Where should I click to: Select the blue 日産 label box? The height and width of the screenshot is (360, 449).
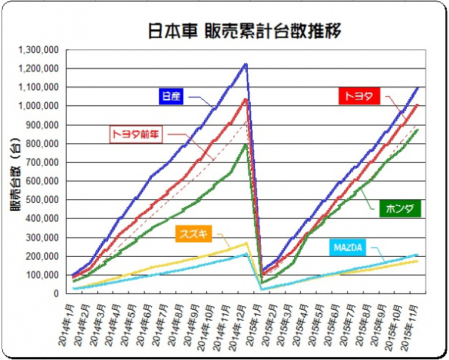[x=171, y=96]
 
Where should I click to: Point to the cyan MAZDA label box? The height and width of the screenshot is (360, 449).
[x=349, y=248]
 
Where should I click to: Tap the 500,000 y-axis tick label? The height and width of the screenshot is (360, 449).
[x=43, y=200]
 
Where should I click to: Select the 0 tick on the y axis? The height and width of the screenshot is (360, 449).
[x=58, y=294]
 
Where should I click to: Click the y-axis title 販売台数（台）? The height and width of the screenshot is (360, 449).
[x=15, y=172]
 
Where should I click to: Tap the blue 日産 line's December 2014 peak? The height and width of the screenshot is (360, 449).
[x=246, y=64]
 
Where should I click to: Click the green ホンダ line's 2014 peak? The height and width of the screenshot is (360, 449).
[x=246, y=144]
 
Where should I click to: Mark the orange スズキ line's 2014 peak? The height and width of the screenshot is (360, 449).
[x=246, y=243]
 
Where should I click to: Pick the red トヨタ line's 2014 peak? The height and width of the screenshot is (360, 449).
[x=246, y=99]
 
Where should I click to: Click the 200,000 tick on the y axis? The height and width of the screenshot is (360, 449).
[x=43, y=256]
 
